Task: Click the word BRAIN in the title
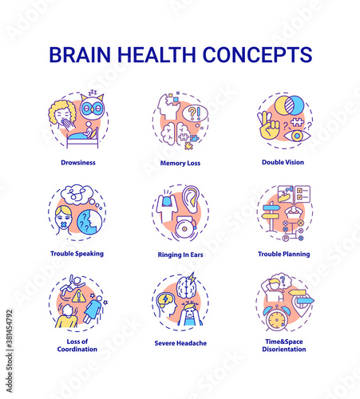[x=80, y=54]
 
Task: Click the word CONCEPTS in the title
[x=257, y=54]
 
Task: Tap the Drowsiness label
[x=78, y=163]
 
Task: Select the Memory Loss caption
[x=180, y=163]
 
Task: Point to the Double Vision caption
[x=283, y=162]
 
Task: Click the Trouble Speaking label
[x=77, y=254]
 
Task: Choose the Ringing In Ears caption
[x=180, y=255]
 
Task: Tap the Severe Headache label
[x=180, y=343]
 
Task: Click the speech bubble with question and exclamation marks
[x=195, y=113]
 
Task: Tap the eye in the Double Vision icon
[x=297, y=136]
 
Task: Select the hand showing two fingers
[x=268, y=126]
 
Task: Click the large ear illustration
[x=191, y=199]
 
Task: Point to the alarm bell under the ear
[x=185, y=228]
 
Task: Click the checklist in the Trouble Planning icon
[x=303, y=194]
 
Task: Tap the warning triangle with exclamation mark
[x=78, y=296]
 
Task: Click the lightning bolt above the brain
[x=192, y=278]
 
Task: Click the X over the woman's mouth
[x=64, y=225]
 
